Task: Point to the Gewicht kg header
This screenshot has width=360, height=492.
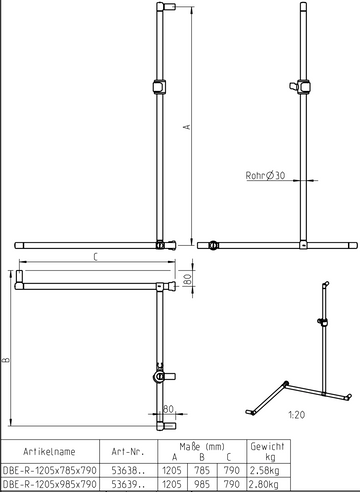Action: point(271,450)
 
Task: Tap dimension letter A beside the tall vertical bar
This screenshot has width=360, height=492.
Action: point(186,126)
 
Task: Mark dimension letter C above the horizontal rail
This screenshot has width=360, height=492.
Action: point(94,256)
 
